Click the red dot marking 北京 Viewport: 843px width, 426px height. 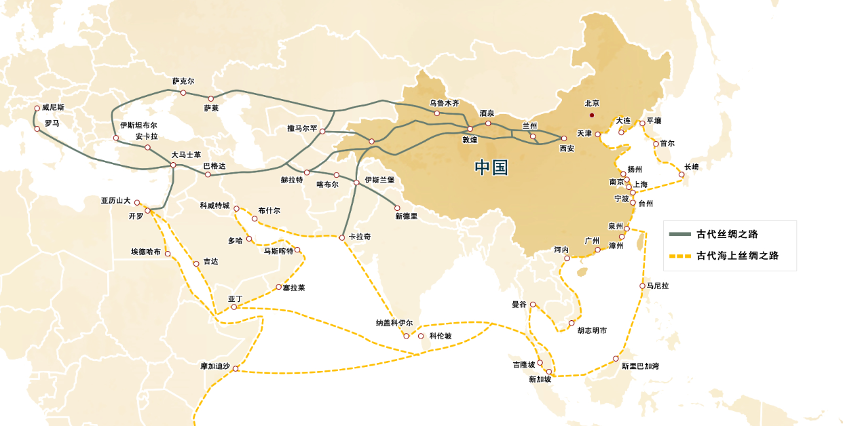pyautogui.click(x=592, y=115)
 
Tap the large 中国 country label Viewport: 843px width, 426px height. pyautogui.click(x=491, y=168)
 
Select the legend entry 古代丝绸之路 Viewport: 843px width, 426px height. pyautogui.click(x=726, y=234)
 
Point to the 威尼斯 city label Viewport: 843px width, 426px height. pyautogui.click(x=53, y=107)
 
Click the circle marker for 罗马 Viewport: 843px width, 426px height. pyautogui.click(x=37, y=129)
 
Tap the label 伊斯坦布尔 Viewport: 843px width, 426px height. pyautogui.click(x=138, y=125)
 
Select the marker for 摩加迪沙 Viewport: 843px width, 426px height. pyautogui.click(x=236, y=369)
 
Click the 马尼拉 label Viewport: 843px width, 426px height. pyautogui.click(x=658, y=286)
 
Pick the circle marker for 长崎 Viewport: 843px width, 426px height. pyautogui.click(x=681, y=175)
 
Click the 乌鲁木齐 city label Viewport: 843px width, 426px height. pyautogui.click(x=444, y=103)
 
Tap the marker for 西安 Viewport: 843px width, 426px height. pyautogui.click(x=564, y=138)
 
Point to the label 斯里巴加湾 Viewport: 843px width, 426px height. pyautogui.click(x=640, y=366)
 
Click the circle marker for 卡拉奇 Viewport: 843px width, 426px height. pyautogui.click(x=342, y=237)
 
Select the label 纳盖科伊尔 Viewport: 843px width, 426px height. pyautogui.click(x=394, y=323)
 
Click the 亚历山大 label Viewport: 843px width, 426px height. pyautogui.click(x=116, y=201)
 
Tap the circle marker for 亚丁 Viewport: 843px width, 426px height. pyautogui.click(x=234, y=307)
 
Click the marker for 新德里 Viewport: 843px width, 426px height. pyautogui.click(x=398, y=208)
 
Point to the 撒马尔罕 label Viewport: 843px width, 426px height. pyautogui.click(x=302, y=128)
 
